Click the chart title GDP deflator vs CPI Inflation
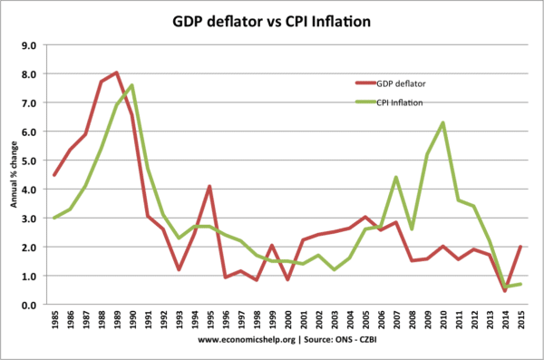pyautogui.click(x=272, y=19)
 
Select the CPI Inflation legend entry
pyautogui.click(x=395, y=104)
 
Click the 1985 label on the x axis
pyautogui.click(x=55, y=321)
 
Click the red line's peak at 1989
pyautogui.click(x=117, y=73)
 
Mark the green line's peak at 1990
pyautogui.click(x=132, y=85)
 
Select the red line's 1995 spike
pyautogui.click(x=209, y=186)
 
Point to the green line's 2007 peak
pyautogui.click(x=394, y=177)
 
